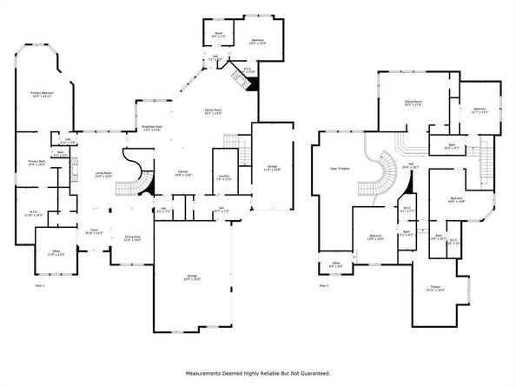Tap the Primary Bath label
click(36, 163)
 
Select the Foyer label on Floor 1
click(91, 230)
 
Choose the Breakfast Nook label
click(154, 128)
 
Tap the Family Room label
click(213, 110)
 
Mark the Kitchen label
click(184, 172)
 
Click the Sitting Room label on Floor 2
click(413, 103)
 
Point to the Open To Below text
click(339, 169)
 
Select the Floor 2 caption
click(323, 285)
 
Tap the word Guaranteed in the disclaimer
click(313, 372)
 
